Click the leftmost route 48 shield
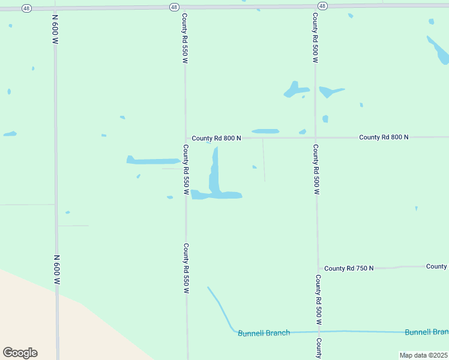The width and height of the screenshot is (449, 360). [x=27, y=8]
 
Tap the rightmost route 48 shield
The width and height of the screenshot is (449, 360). [x=322, y=6]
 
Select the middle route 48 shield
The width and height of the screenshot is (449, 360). [x=173, y=7]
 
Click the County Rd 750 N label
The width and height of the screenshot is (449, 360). [x=349, y=268]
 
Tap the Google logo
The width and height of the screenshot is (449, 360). [x=20, y=352]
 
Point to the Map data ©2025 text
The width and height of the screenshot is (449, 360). [x=423, y=355]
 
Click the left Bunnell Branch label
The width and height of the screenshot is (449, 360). [x=264, y=333]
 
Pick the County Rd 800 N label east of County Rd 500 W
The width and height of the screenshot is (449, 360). [x=384, y=137]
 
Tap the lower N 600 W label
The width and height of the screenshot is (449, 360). [x=56, y=269]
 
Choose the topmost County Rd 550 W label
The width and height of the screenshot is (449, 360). [x=185, y=38]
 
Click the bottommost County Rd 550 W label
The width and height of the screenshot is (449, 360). [x=187, y=268]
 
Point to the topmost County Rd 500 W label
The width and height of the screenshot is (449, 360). [x=315, y=38]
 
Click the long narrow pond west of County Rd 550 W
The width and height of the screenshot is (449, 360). [x=153, y=161]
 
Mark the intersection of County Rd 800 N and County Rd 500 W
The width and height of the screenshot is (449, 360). [x=316, y=137]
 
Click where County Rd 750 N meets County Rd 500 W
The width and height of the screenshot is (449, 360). [x=318, y=268]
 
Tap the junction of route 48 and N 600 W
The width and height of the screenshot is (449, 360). [x=55, y=8]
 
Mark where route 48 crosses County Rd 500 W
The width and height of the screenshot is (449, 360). [x=315, y=6]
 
